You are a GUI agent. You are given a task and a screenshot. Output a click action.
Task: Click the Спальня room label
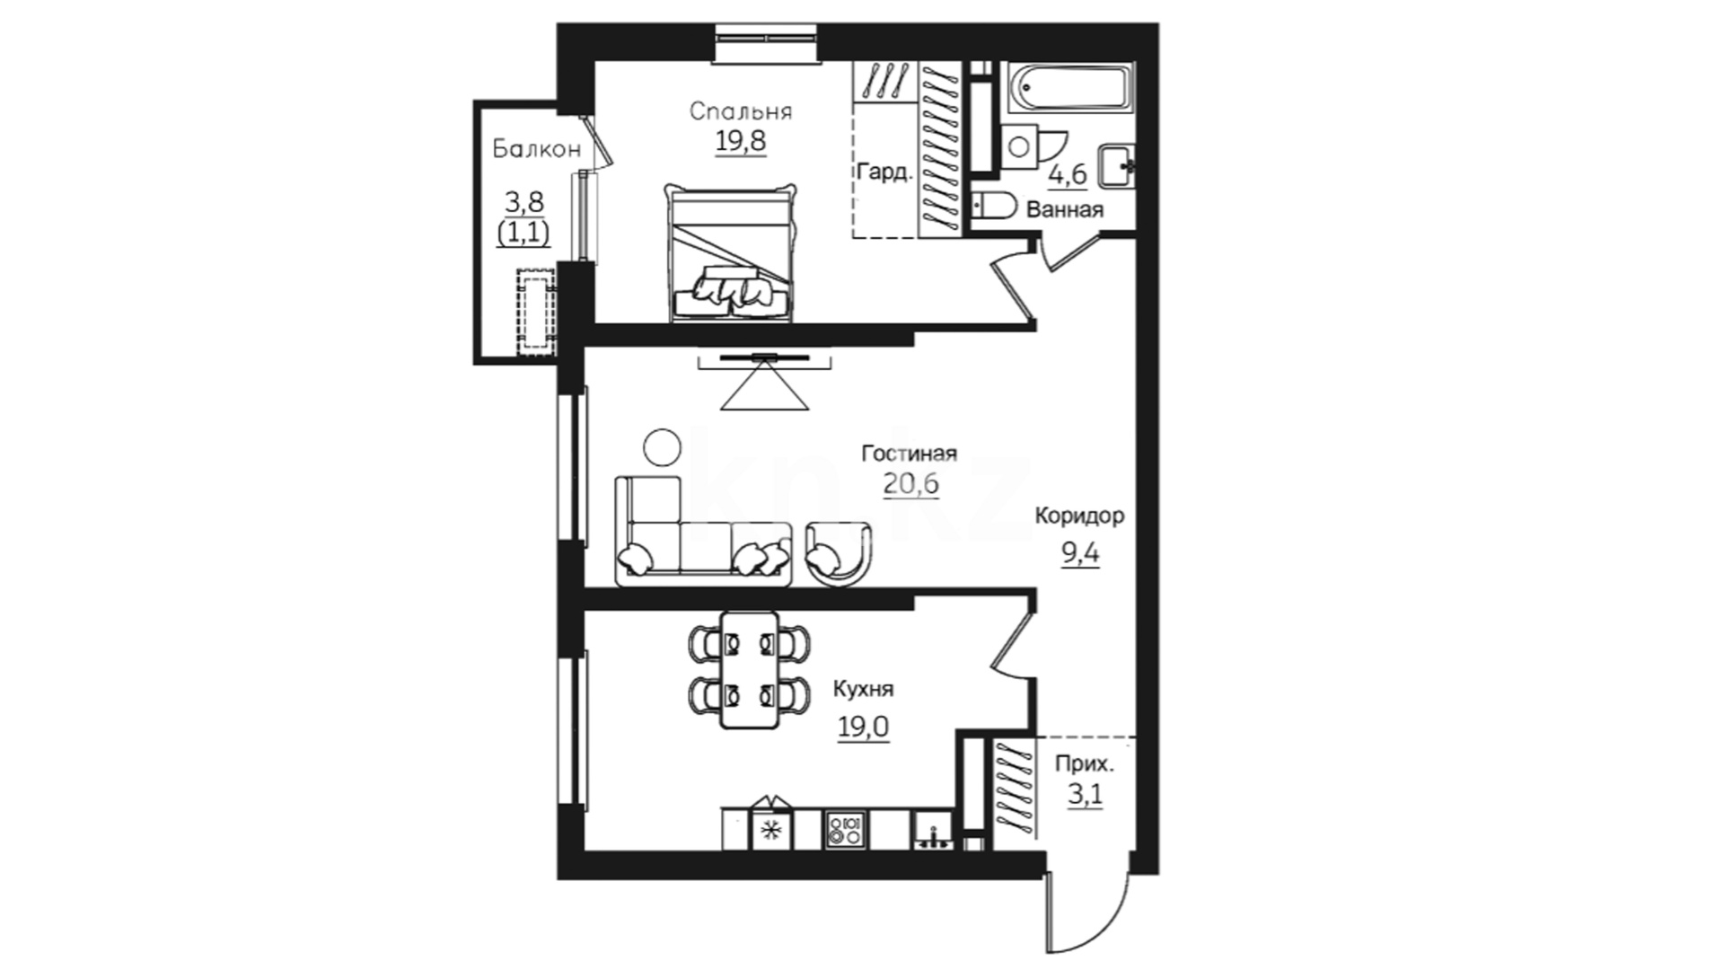click(x=741, y=112)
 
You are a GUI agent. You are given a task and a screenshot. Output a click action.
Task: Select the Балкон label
click(x=537, y=149)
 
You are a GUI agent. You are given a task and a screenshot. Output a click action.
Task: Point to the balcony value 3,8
click(x=524, y=201)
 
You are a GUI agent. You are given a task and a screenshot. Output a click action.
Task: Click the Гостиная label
click(x=909, y=454)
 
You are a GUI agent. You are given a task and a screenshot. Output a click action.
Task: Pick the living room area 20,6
click(x=910, y=484)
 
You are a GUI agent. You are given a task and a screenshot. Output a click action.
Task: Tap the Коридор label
click(x=1079, y=517)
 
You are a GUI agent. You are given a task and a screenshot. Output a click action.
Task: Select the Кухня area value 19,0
click(x=863, y=726)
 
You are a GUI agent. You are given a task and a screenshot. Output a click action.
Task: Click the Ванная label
click(x=1064, y=211)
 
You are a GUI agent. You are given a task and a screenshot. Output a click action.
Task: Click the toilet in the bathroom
click(x=993, y=206)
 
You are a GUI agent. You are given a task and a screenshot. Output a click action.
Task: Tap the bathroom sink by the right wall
click(x=1116, y=166)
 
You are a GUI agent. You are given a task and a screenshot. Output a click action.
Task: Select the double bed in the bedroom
click(x=731, y=252)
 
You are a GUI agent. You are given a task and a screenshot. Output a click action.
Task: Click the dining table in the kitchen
click(x=750, y=670)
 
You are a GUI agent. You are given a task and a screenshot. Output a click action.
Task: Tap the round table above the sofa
click(x=663, y=446)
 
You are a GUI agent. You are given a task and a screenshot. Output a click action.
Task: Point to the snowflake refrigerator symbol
click(x=770, y=830)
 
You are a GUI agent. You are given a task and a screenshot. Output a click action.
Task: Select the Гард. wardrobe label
click(x=884, y=172)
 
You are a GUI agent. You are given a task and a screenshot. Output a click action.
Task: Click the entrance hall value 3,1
click(x=1085, y=795)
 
